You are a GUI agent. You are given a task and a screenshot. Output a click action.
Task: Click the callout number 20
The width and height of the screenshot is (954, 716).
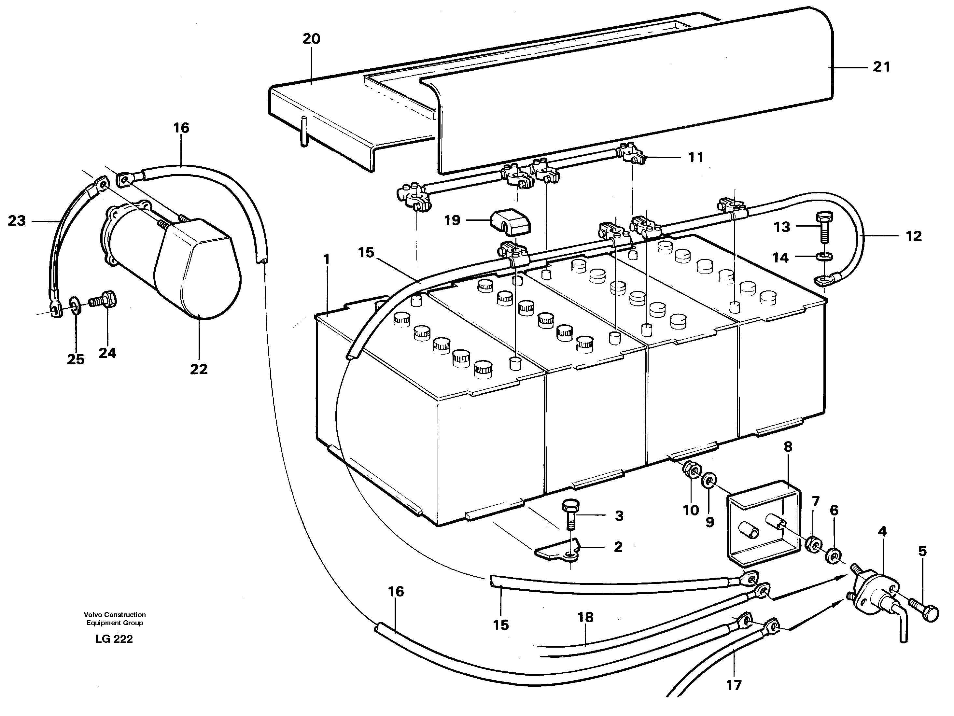coord(311,39)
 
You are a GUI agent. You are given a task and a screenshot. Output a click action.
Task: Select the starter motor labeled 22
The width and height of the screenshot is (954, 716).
coord(190,267)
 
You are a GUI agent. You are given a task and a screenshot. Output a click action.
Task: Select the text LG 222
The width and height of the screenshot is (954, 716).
coord(114,639)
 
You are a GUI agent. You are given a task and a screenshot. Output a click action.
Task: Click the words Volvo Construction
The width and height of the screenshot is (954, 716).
coord(115,615)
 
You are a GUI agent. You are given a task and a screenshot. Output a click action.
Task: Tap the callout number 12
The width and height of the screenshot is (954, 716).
coord(913,236)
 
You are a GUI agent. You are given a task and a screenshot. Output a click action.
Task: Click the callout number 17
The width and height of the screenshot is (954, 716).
coord(734,685)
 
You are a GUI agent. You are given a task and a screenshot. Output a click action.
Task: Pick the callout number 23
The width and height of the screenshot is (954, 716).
coord(17,221)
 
